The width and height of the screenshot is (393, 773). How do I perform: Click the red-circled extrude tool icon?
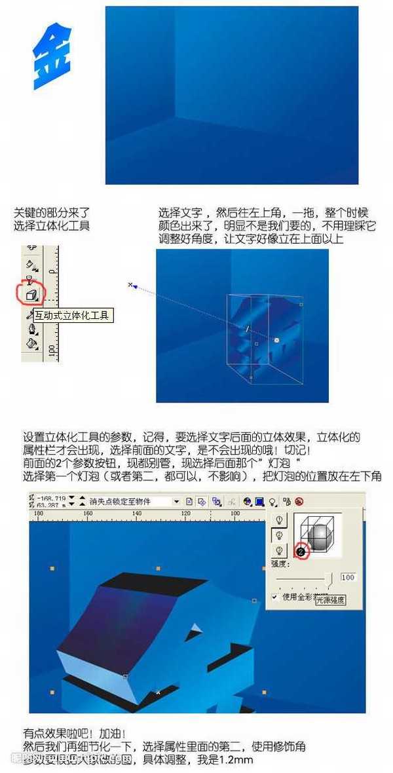[31, 294]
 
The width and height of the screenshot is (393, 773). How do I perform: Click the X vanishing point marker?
[130, 284]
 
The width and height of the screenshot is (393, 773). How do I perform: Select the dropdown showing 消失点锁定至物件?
[134, 501]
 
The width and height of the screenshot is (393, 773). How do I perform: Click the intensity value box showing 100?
[348, 577]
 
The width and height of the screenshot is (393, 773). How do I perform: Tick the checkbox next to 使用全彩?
[275, 596]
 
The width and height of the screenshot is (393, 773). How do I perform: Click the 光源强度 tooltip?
[330, 600]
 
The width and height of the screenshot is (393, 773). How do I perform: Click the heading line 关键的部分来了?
[52, 213]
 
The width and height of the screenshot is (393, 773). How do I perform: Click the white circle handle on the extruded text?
[276, 340]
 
